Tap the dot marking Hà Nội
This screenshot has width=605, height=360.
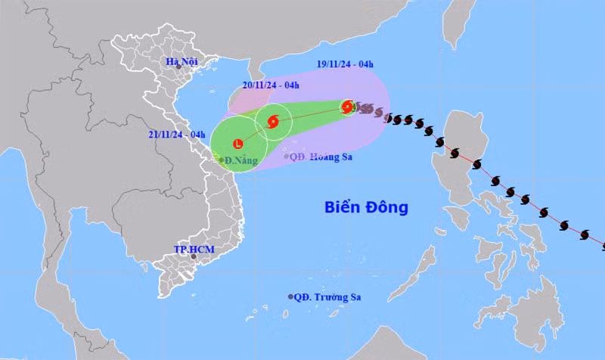179,67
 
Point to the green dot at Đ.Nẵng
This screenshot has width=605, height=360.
221,160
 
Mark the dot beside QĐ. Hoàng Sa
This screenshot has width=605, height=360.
288,157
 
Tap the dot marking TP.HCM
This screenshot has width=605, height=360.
194,257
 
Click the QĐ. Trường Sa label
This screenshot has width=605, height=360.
327,297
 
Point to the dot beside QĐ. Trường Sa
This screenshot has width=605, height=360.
290,297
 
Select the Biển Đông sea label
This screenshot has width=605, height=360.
366,206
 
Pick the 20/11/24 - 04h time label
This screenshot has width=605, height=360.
271,85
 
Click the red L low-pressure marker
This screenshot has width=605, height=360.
238,142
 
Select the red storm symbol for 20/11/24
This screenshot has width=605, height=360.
273,119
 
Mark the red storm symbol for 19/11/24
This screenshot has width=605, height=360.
347,107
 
